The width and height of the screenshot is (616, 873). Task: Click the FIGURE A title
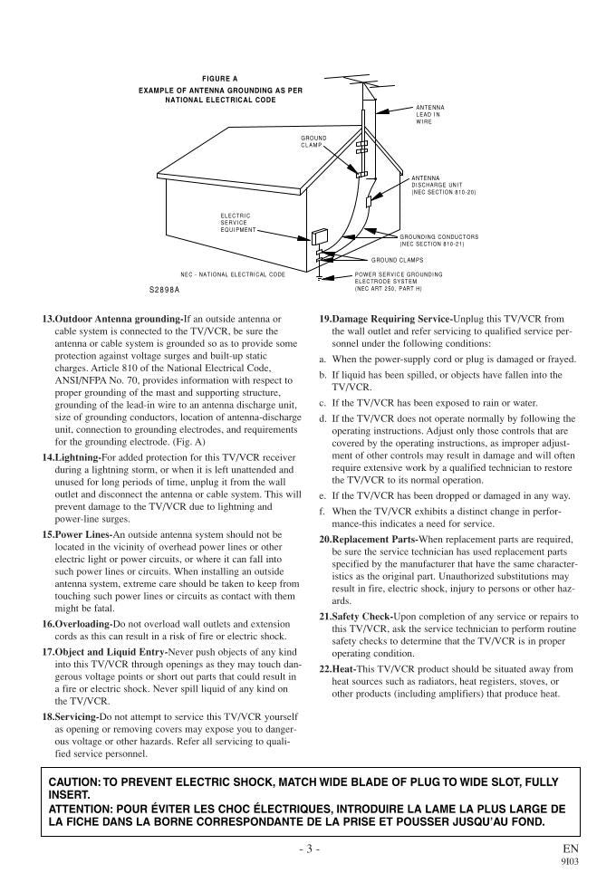220,79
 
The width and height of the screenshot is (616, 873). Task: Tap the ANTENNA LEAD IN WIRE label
428,114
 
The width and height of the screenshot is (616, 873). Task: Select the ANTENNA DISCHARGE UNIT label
443,186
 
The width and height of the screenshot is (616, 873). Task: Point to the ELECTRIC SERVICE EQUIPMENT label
236,223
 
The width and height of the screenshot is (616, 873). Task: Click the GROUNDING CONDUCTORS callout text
438,240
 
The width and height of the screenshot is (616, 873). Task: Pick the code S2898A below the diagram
165,290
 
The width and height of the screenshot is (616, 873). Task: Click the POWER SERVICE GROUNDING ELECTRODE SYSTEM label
399,281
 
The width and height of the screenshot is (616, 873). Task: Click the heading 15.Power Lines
77,535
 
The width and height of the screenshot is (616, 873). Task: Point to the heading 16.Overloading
77,625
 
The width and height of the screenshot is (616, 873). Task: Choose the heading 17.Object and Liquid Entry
105,652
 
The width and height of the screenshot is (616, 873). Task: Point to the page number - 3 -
308,849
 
